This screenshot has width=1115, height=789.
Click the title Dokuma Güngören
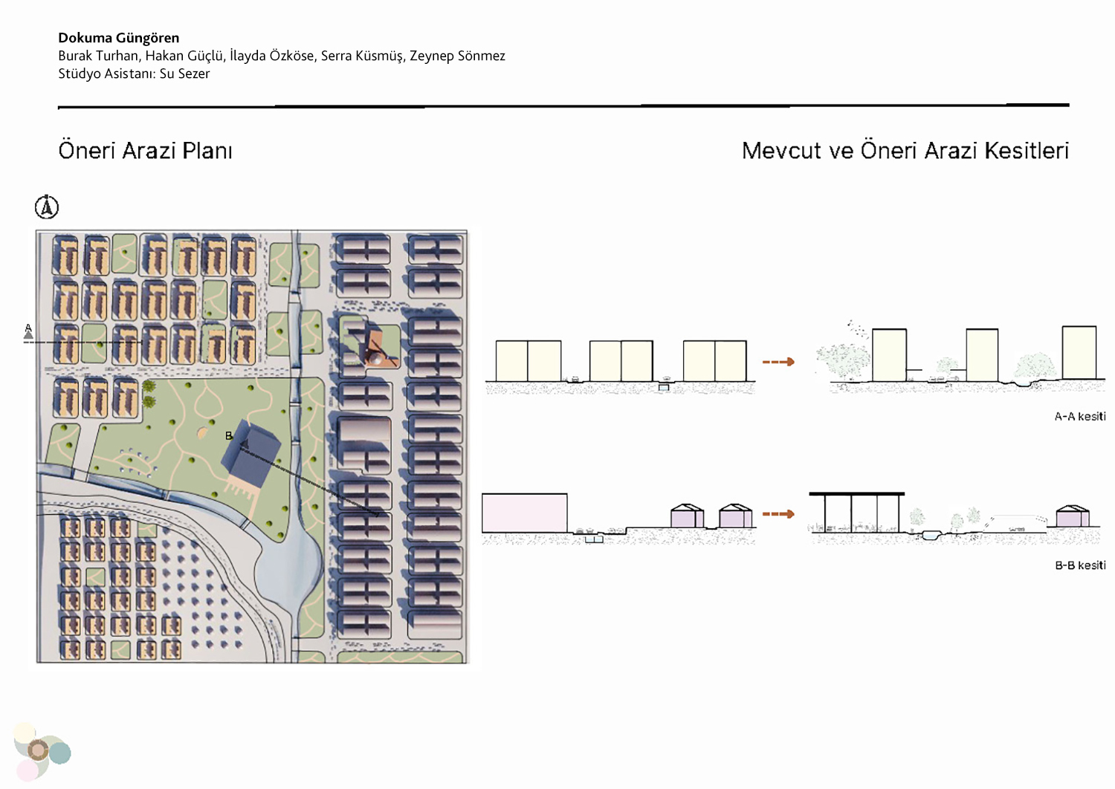coord(118,38)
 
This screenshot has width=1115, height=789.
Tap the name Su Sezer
coord(184,74)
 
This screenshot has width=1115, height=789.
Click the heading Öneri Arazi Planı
coord(146,151)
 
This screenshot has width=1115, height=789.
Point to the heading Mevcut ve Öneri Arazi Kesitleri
coord(905,151)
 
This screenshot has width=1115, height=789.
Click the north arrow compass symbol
coord(47,207)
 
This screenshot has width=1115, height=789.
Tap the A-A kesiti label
coord(1080,416)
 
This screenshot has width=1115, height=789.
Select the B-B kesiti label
coord(1080,565)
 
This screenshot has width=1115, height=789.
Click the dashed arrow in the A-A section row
coord(778,362)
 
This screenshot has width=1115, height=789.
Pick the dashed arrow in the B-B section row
coord(778,514)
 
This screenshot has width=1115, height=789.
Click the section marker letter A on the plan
coord(28,328)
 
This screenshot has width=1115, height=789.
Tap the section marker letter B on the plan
coord(229,436)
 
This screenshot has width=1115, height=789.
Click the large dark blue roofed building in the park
coord(251,454)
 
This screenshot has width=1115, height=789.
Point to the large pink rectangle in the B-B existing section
coord(525,513)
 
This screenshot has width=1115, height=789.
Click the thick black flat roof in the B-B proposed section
coord(856,493)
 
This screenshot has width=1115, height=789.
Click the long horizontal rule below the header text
coord(563,106)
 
